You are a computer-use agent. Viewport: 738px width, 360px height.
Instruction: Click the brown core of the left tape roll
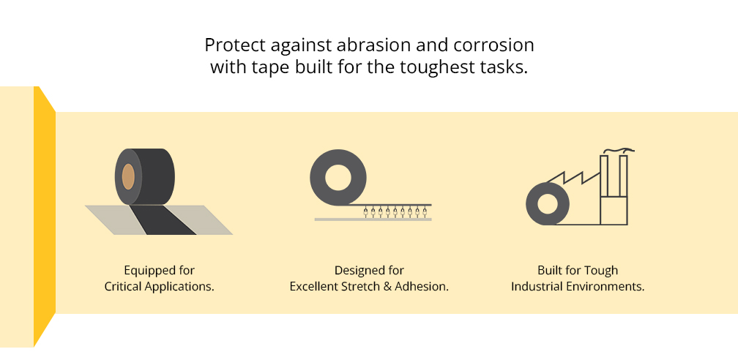[128, 177]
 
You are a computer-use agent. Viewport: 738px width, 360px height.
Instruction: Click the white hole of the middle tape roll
[339, 179]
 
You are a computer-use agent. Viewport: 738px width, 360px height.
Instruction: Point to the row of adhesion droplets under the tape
[395, 213]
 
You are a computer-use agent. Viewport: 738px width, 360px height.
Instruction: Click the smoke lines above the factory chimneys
[616, 151]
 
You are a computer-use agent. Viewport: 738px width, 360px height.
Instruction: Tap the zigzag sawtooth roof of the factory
[578, 177]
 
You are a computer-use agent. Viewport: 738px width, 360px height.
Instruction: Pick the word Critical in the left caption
[124, 287]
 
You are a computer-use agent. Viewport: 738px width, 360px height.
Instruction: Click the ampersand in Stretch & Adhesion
[387, 287]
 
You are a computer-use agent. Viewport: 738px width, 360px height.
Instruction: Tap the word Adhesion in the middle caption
[422, 287]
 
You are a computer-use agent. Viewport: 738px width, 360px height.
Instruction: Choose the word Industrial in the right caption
[537, 287]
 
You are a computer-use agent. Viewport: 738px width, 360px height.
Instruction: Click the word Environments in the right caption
[606, 287]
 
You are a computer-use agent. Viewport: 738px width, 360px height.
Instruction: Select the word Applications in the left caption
[181, 287]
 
